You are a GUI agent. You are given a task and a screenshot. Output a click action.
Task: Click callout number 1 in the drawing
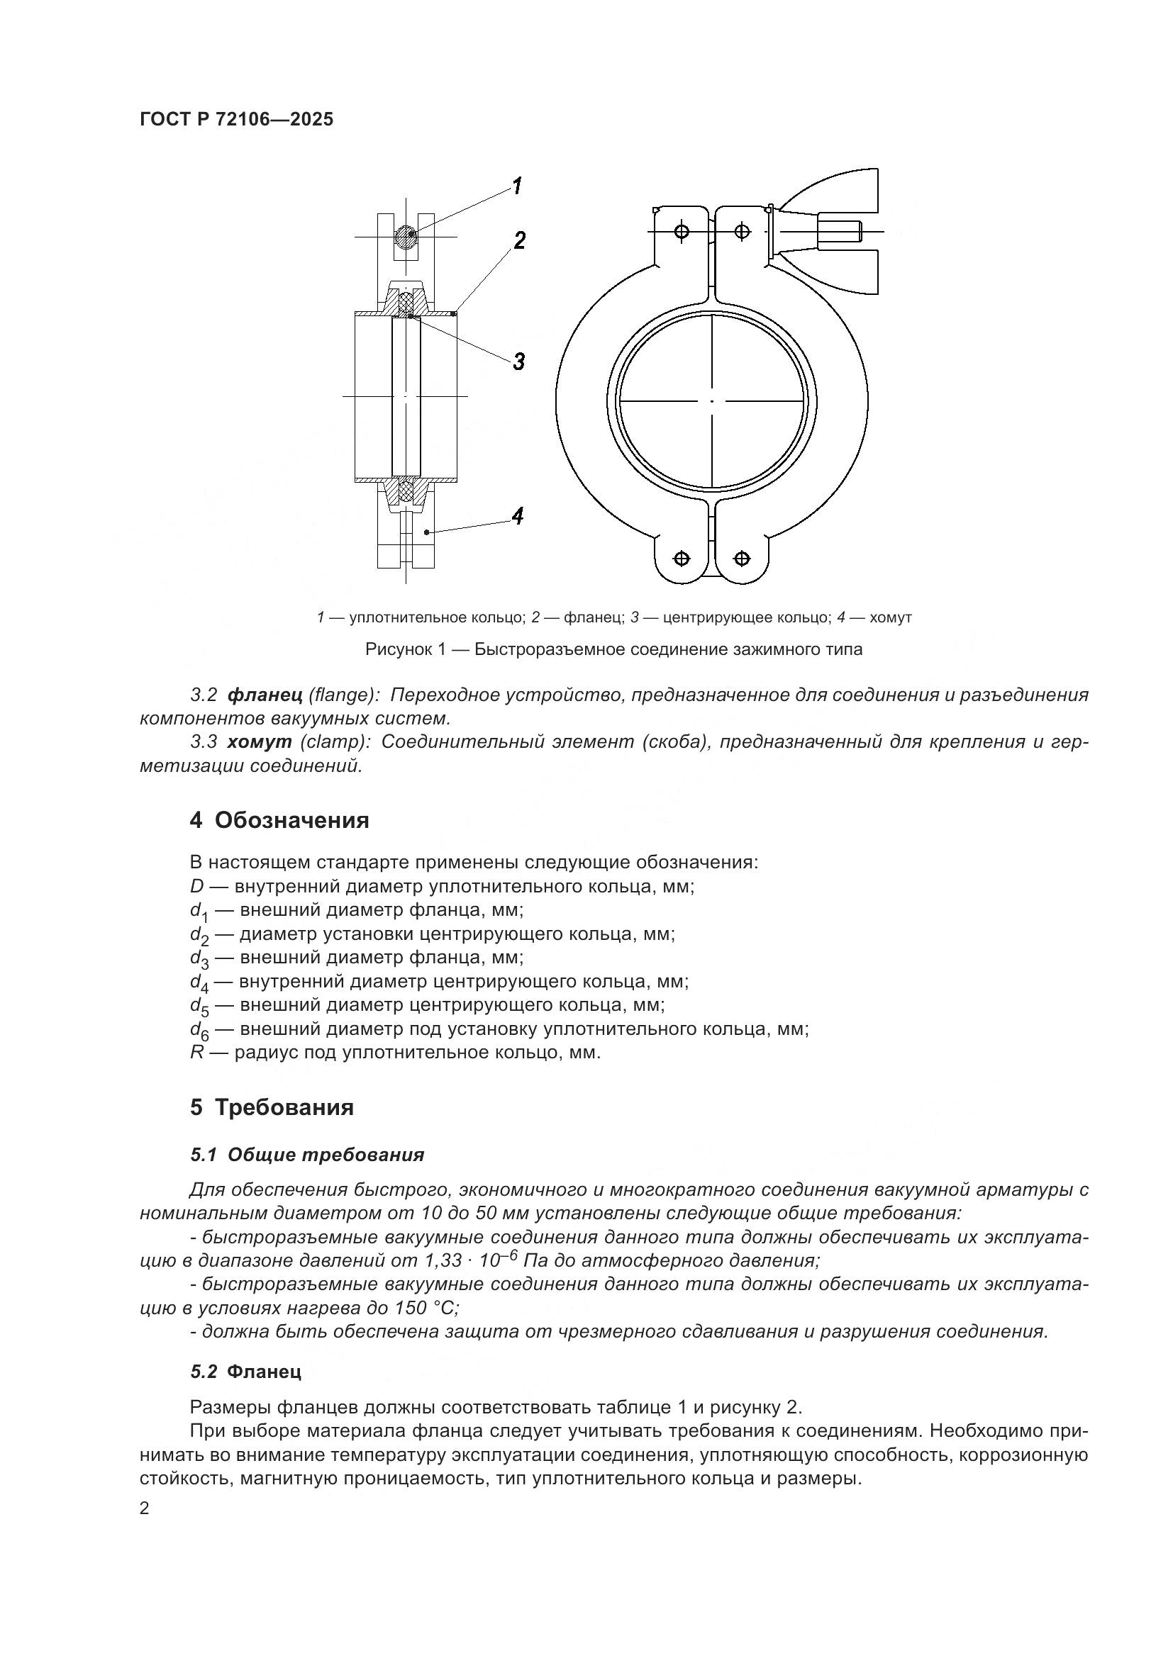click(x=517, y=186)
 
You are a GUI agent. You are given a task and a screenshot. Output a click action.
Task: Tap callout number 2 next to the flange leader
click(x=518, y=241)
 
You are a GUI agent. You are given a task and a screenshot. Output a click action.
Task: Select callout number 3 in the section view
click(x=518, y=361)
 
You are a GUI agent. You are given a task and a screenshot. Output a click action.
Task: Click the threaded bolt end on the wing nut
click(x=840, y=232)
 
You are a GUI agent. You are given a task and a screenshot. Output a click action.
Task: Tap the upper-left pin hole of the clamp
click(x=681, y=231)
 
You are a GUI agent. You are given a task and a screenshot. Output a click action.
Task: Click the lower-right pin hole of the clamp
click(x=742, y=558)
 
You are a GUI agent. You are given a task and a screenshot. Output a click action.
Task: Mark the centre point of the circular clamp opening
click(x=711, y=401)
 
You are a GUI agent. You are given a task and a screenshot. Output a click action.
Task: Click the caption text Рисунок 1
click(x=408, y=649)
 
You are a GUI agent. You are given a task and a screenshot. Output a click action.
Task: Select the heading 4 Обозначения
click(x=279, y=820)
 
